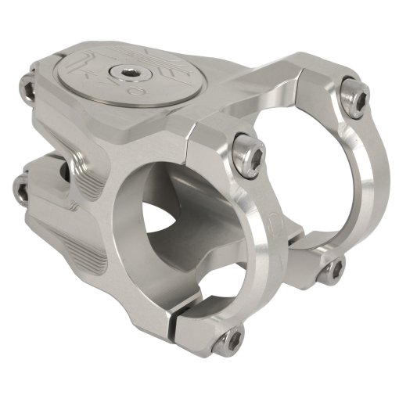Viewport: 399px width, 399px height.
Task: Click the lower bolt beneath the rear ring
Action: click(333, 268)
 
